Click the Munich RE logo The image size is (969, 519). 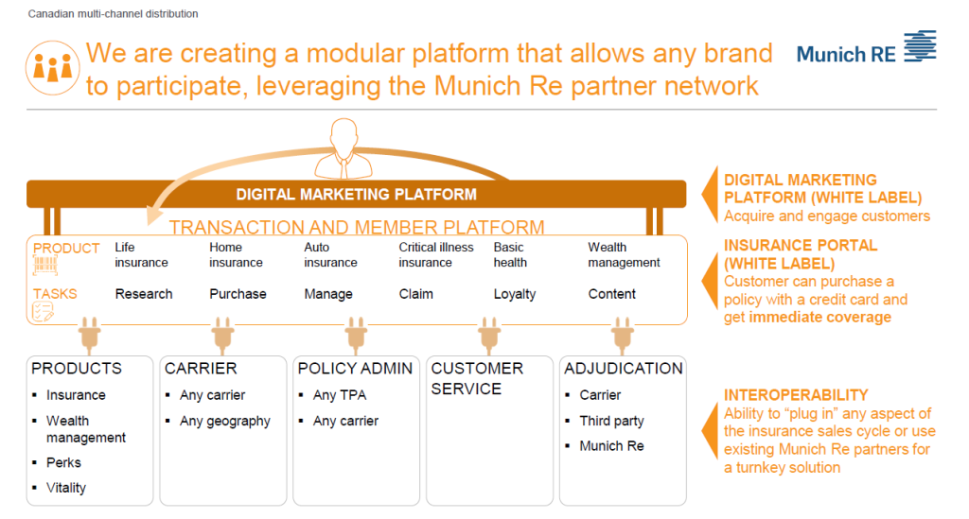pos(866,47)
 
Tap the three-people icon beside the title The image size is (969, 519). pos(53,68)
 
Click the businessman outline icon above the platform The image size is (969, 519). pos(344,148)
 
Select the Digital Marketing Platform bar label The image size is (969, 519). pos(356,195)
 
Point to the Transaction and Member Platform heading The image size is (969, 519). pos(357,227)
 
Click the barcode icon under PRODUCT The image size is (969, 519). pos(45,266)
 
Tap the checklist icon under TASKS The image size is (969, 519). pos(44,312)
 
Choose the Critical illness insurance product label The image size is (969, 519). pos(435,255)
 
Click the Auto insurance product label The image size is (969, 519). pos(330,255)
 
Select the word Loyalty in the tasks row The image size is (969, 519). pos(514,294)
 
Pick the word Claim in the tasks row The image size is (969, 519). pos(416,294)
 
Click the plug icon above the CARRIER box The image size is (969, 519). pos(222,335)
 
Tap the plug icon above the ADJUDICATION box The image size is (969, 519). pos(623,335)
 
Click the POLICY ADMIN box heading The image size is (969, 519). pos(355,369)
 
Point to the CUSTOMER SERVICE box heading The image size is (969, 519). pos(477,378)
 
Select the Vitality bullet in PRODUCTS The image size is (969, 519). pos(65,488)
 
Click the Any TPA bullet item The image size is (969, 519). pos(340,395)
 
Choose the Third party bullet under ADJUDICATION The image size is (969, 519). pos(611,421)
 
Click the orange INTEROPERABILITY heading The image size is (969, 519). pos(796,395)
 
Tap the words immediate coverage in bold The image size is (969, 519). pos(820,318)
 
